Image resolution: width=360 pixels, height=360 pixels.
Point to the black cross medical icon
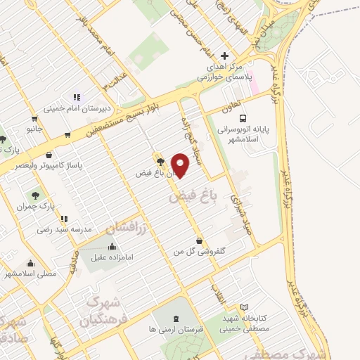(224, 56)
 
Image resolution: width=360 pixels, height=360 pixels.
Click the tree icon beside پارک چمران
(35, 193)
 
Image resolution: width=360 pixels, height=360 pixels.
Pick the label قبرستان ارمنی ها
(174, 328)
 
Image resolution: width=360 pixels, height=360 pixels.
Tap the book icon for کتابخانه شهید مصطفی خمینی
(245, 307)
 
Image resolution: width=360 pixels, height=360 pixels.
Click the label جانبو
(35, 129)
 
